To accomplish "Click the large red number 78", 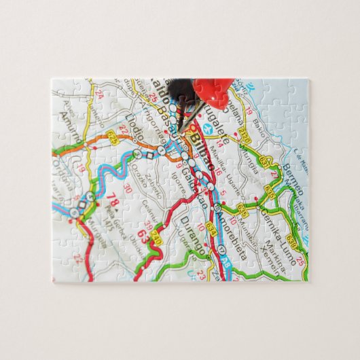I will [x=113, y=202].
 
